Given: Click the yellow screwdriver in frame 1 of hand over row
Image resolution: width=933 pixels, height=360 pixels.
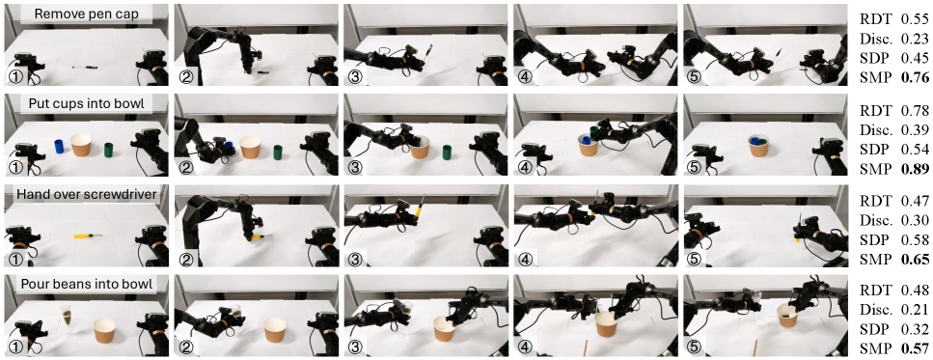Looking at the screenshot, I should [87, 235].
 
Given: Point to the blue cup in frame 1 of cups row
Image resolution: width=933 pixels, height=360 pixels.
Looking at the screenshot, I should [59, 147].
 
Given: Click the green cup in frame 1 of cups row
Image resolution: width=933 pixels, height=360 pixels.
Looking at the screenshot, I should [109, 150].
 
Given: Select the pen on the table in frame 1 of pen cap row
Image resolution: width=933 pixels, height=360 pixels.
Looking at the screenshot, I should [88, 67].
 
